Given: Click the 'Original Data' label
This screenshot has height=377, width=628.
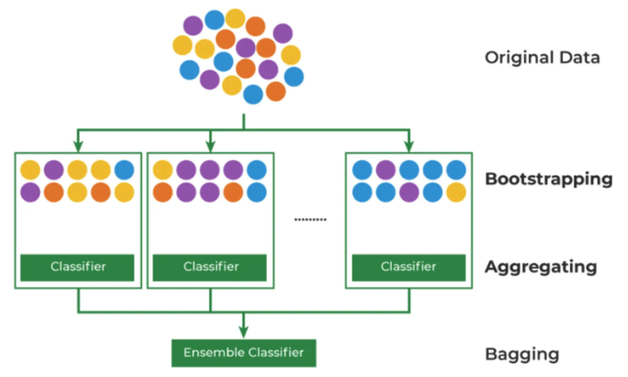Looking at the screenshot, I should click(542, 57).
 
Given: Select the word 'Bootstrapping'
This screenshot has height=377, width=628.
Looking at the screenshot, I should click(548, 180).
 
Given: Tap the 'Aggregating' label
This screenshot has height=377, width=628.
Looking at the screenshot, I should click(541, 267).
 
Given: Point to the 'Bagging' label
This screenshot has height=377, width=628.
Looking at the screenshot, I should click(522, 354).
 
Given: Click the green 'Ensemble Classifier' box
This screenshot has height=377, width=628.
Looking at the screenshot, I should click(243, 353).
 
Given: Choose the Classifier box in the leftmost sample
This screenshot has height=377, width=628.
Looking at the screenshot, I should click(78, 267).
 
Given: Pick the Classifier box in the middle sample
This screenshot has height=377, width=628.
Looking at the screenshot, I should click(208, 267).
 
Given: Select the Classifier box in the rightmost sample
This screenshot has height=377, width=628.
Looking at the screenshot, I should click(409, 267).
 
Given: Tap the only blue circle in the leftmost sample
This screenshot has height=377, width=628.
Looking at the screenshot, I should click(124, 170).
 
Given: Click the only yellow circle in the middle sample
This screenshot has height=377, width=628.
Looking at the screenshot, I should click(163, 170).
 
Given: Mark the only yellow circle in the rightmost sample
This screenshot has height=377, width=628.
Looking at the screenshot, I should click(456, 192).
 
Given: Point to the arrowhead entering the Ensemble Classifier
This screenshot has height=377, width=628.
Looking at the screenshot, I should click(243, 331).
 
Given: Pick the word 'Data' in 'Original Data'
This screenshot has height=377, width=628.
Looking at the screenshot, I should click(582, 57).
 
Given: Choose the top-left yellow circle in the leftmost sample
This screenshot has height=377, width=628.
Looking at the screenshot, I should click(31, 170).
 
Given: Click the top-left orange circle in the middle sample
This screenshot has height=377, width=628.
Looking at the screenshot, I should click(163, 192).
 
